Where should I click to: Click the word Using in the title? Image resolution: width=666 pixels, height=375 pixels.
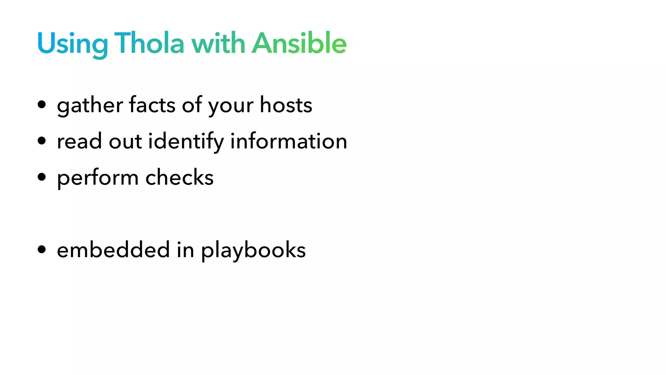pyautogui.click(x=72, y=44)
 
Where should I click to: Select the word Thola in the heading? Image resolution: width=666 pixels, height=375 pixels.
pyautogui.click(x=149, y=43)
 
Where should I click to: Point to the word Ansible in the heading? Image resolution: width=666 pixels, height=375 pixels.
pyautogui.click(x=299, y=43)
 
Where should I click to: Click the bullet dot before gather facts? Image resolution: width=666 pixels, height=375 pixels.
pyautogui.click(x=42, y=105)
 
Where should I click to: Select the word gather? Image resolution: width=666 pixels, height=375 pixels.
pyautogui.click(x=90, y=105)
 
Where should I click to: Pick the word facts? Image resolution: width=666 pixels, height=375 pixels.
pyautogui.click(x=152, y=105)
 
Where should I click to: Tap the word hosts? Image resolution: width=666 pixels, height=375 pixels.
pyautogui.click(x=286, y=105)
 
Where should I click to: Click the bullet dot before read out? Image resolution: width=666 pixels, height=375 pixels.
pyautogui.click(x=42, y=141)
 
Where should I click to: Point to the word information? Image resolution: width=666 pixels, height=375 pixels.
pyautogui.click(x=289, y=141)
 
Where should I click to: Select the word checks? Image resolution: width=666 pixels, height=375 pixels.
pyautogui.click(x=180, y=177)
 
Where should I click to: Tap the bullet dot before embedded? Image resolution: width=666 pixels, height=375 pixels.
pyautogui.click(x=42, y=250)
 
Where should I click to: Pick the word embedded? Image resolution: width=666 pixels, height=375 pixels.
pyautogui.click(x=113, y=250)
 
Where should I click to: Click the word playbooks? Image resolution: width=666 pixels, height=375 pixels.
pyautogui.click(x=253, y=250)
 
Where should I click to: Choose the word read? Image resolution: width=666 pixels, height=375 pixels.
pyautogui.click(x=79, y=141)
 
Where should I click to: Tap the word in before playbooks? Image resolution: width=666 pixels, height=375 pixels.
pyautogui.click(x=185, y=250)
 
